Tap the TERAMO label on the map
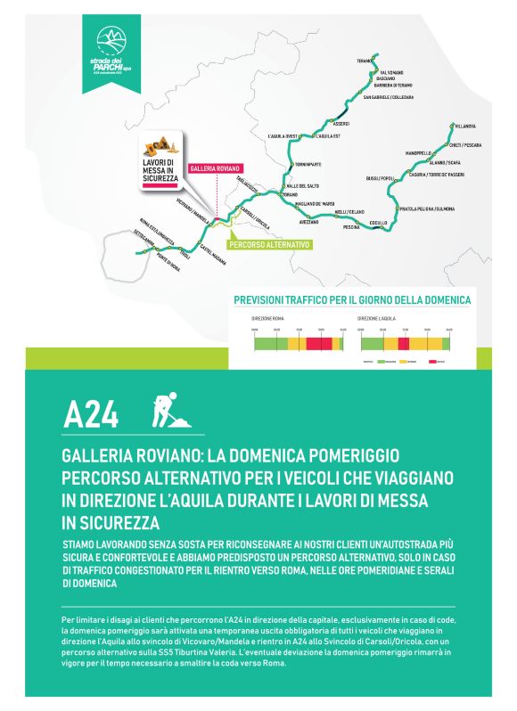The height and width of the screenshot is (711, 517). click(364, 61)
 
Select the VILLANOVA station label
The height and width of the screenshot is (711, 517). click(464, 127)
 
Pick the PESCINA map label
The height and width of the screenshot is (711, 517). click(351, 227)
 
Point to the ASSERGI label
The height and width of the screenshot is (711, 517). click(341, 123)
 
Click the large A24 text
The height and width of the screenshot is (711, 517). click(91, 414)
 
